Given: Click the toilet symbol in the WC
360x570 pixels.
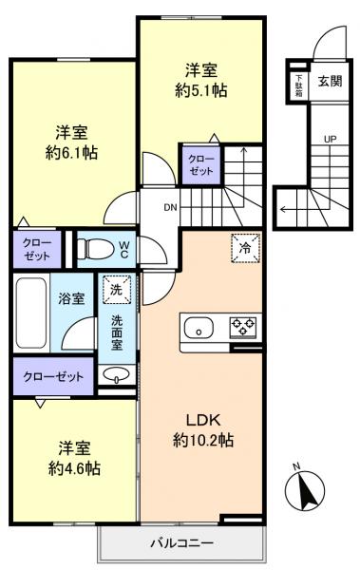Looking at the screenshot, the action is (96, 249).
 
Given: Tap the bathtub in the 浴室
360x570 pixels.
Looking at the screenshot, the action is (31, 313).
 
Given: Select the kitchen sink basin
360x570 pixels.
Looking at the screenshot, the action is (199, 328).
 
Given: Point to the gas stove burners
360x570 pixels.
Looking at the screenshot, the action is (242, 326).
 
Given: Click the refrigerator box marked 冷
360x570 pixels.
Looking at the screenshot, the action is (246, 248).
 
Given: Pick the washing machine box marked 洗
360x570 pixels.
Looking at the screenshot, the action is (117, 290).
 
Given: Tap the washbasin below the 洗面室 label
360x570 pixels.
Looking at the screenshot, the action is (116, 375).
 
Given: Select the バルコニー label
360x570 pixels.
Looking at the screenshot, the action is (181, 543).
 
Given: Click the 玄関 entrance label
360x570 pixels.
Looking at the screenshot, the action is (331, 81).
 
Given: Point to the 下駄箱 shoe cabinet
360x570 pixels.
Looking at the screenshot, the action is (299, 85).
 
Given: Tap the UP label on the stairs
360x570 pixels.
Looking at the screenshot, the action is (331, 139).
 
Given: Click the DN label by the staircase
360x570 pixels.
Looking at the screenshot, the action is (170, 208).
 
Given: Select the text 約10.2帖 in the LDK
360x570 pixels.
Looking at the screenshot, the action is (203, 441).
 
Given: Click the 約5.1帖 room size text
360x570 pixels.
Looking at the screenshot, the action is (201, 90).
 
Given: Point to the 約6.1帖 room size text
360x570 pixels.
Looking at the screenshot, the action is (71, 153).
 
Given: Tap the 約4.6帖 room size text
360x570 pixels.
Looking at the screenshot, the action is (74, 468).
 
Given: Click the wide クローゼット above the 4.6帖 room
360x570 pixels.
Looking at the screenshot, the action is (53, 376).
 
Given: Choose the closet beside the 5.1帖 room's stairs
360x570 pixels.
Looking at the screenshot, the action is (201, 165).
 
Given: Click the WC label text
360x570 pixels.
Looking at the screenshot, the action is (124, 249).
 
